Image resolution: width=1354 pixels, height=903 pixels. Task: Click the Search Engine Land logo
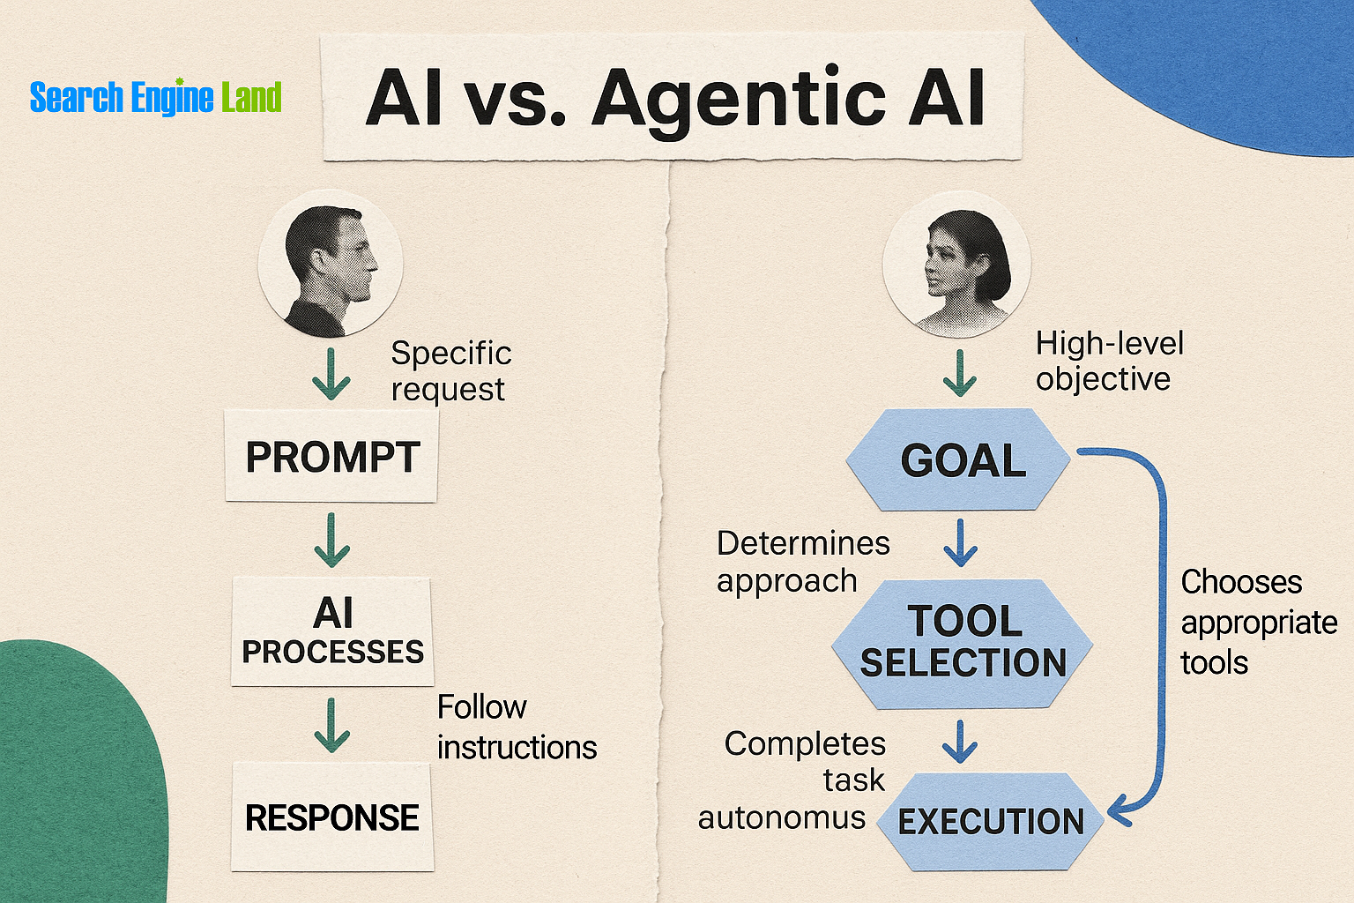tap(155, 97)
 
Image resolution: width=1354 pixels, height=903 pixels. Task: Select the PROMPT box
tap(331, 457)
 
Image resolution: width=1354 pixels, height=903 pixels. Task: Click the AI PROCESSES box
tap(332, 631)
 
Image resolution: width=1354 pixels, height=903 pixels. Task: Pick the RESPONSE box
tap(332, 817)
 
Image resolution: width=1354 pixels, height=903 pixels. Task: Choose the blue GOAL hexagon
tap(961, 460)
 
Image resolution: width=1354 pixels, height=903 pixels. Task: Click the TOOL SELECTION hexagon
tap(963, 643)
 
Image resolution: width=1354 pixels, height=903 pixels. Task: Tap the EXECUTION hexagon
tap(991, 821)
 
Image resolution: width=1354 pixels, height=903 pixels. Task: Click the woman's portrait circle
tap(957, 265)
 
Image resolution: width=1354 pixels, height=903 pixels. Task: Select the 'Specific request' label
tap(450, 370)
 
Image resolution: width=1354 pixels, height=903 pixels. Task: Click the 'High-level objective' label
tap(1109, 361)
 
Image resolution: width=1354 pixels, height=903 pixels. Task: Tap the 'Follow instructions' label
tap(517, 727)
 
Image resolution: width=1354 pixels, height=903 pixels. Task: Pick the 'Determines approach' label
tap(802, 562)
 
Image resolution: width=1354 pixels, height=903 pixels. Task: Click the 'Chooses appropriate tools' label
tap(1258, 622)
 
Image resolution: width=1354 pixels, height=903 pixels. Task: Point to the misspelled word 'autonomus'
tap(782, 818)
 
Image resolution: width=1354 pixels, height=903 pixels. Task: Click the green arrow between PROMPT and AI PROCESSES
tap(331, 540)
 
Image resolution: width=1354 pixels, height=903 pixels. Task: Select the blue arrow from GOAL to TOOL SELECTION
tap(960, 541)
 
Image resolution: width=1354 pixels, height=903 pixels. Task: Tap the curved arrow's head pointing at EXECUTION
tap(1117, 809)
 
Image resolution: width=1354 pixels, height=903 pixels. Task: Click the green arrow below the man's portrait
tap(331, 374)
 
